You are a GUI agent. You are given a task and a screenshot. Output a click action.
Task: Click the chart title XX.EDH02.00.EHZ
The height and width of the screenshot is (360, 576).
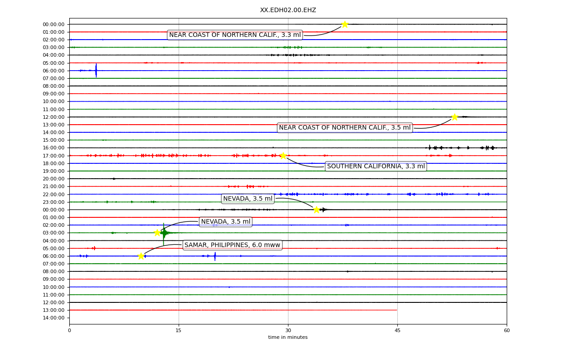[288, 10]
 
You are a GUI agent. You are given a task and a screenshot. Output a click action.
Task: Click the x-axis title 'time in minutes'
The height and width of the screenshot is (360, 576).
[288, 337]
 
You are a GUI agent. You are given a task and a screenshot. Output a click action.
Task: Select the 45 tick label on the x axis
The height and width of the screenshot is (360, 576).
[397, 330]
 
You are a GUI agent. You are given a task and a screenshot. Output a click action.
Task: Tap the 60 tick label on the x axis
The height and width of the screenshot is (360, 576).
[507, 330]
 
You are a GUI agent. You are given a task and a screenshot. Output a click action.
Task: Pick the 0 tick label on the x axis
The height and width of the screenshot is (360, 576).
[69, 330]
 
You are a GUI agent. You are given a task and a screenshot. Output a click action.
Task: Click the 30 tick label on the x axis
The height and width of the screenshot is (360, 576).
[288, 330]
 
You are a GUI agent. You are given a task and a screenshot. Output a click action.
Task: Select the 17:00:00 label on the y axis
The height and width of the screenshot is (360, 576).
[54, 156]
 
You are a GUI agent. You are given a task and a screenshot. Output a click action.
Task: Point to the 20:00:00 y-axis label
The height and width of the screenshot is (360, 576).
[54, 179]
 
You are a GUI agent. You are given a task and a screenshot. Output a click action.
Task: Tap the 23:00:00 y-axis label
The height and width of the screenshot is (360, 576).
[54, 202]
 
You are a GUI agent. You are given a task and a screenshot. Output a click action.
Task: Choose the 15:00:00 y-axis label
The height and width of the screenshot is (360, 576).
[54, 140]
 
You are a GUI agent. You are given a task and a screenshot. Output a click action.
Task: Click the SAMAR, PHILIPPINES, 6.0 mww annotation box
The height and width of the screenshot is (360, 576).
[233, 245]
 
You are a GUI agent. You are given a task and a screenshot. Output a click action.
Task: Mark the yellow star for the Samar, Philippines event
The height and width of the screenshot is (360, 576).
[141, 256]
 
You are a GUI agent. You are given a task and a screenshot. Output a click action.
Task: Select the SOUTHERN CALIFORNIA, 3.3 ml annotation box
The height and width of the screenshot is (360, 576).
[376, 166]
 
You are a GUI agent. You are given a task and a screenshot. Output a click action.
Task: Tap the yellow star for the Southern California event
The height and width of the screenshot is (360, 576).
[283, 156]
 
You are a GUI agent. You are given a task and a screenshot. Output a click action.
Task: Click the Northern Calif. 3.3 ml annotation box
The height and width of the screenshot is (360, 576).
[235, 35]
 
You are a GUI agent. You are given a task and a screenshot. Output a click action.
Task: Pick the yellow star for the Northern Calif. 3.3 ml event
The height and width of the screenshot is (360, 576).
[345, 24]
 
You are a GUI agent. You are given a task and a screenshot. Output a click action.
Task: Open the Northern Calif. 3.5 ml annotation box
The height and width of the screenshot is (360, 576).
[345, 127]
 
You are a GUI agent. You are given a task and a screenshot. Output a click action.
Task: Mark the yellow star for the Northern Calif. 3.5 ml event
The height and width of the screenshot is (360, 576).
[454, 117]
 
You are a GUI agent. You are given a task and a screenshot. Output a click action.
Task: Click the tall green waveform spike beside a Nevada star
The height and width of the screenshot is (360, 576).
[163, 234]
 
